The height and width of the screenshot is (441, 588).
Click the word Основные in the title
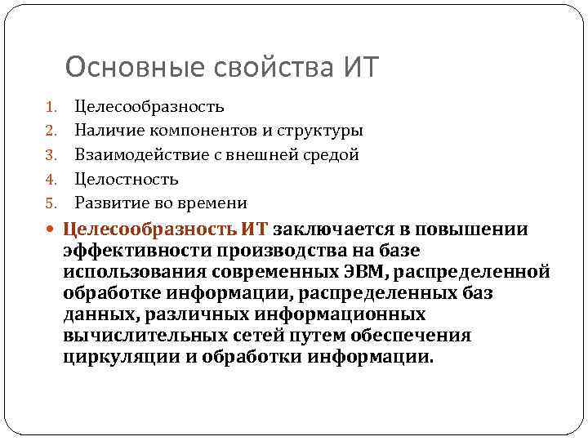click(x=120, y=68)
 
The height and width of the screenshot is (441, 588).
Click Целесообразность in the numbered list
click(x=149, y=106)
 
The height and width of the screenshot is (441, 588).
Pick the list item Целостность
click(x=127, y=179)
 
